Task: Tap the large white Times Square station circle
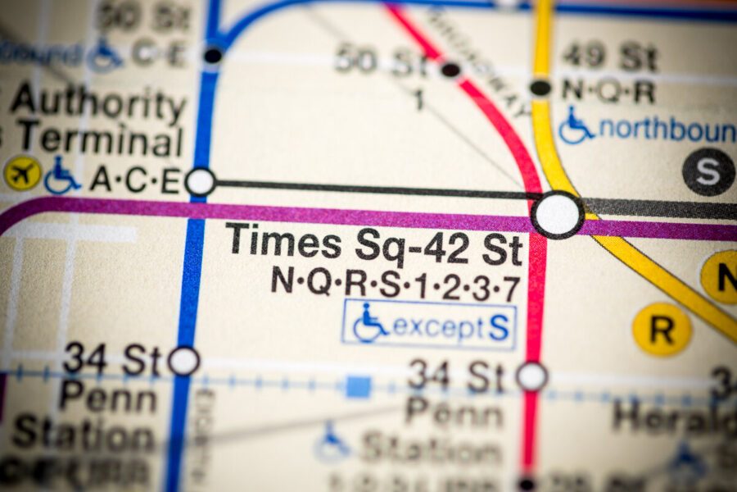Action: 557,215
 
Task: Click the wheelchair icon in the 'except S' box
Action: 370,324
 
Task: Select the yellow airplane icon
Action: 22,173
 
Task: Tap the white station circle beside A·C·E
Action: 200,181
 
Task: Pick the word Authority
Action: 98,103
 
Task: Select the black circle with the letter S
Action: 708,172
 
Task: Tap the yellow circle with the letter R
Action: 662,329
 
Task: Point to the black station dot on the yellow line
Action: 540,87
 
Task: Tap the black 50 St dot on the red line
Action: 450,69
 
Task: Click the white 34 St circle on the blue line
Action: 183,360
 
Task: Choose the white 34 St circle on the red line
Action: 531,376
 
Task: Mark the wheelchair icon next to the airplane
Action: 62,175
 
